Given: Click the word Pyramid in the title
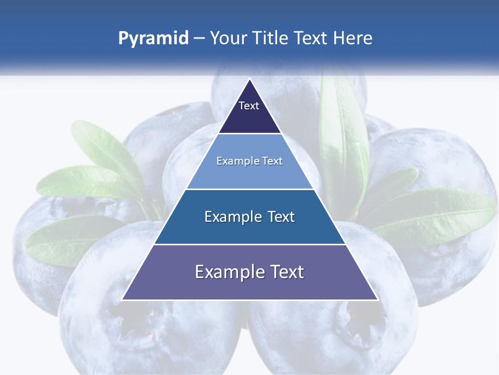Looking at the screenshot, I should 153,39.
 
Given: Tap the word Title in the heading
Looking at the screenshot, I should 273,39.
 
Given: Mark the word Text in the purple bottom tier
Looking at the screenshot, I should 285,272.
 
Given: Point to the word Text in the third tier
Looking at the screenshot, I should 278,217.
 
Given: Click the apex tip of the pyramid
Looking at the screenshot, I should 249,80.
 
